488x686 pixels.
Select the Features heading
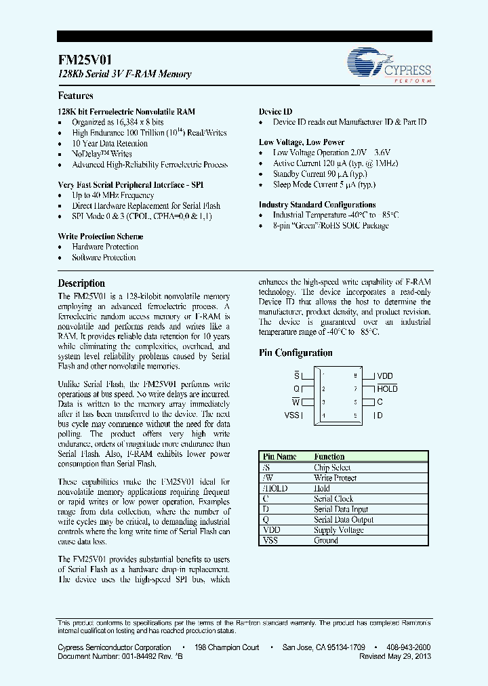[76, 96]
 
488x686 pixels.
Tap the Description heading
[81, 283]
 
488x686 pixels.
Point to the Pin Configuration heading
[296, 353]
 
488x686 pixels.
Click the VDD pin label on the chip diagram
[384, 376]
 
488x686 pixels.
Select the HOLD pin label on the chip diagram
[387, 389]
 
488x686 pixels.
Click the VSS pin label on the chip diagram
[292, 416]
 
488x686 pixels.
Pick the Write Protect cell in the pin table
[335, 478]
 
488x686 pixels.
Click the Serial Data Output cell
[344, 520]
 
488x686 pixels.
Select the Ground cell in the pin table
[325, 541]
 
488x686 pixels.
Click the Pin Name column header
[279, 457]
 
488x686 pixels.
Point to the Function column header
[329, 457]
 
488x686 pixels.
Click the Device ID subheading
[275, 112]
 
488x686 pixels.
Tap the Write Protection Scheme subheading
[100, 237]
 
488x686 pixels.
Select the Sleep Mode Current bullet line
[324, 184]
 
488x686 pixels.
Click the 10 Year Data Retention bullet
[110, 144]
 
